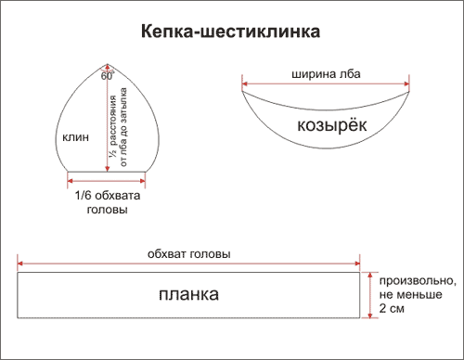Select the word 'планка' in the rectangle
tap(187, 295)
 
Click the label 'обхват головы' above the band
tap(189, 253)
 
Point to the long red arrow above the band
tap(189, 264)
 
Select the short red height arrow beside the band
tap(369, 295)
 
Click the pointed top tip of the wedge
tap(110, 63)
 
